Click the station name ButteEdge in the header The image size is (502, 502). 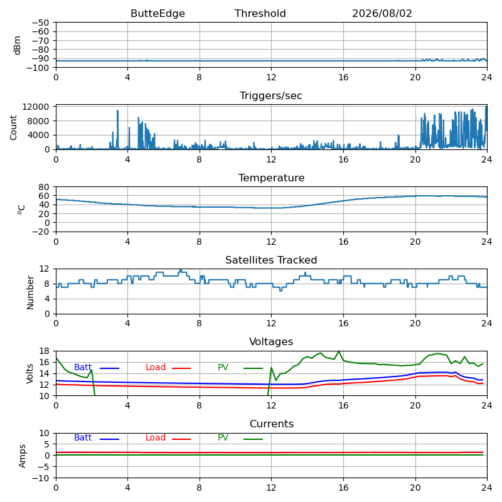[x=158, y=13]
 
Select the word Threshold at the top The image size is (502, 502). [x=260, y=13]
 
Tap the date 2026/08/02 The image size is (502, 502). [x=382, y=13]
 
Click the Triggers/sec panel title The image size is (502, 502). [x=271, y=96]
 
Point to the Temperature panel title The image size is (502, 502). [x=271, y=178]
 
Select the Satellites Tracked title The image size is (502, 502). [x=271, y=260]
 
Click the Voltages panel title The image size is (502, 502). [x=271, y=341]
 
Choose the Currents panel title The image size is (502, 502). [x=272, y=424]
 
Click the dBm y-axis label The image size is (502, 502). [x=17, y=45]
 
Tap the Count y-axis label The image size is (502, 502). [x=13, y=128]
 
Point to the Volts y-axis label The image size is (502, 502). [x=29, y=373]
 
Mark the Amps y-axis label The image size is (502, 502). [x=22, y=456]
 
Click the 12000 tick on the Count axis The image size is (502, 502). [x=35, y=107]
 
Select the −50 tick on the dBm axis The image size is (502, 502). [x=40, y=23]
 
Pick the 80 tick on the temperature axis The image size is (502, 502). [x=44, y=186]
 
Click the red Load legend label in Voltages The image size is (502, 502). [x=156, y=367]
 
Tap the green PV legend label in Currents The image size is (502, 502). [x=223, y=437]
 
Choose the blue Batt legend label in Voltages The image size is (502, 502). [x=83, y=367]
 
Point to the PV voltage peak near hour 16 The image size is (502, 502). [x=339, y=351]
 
